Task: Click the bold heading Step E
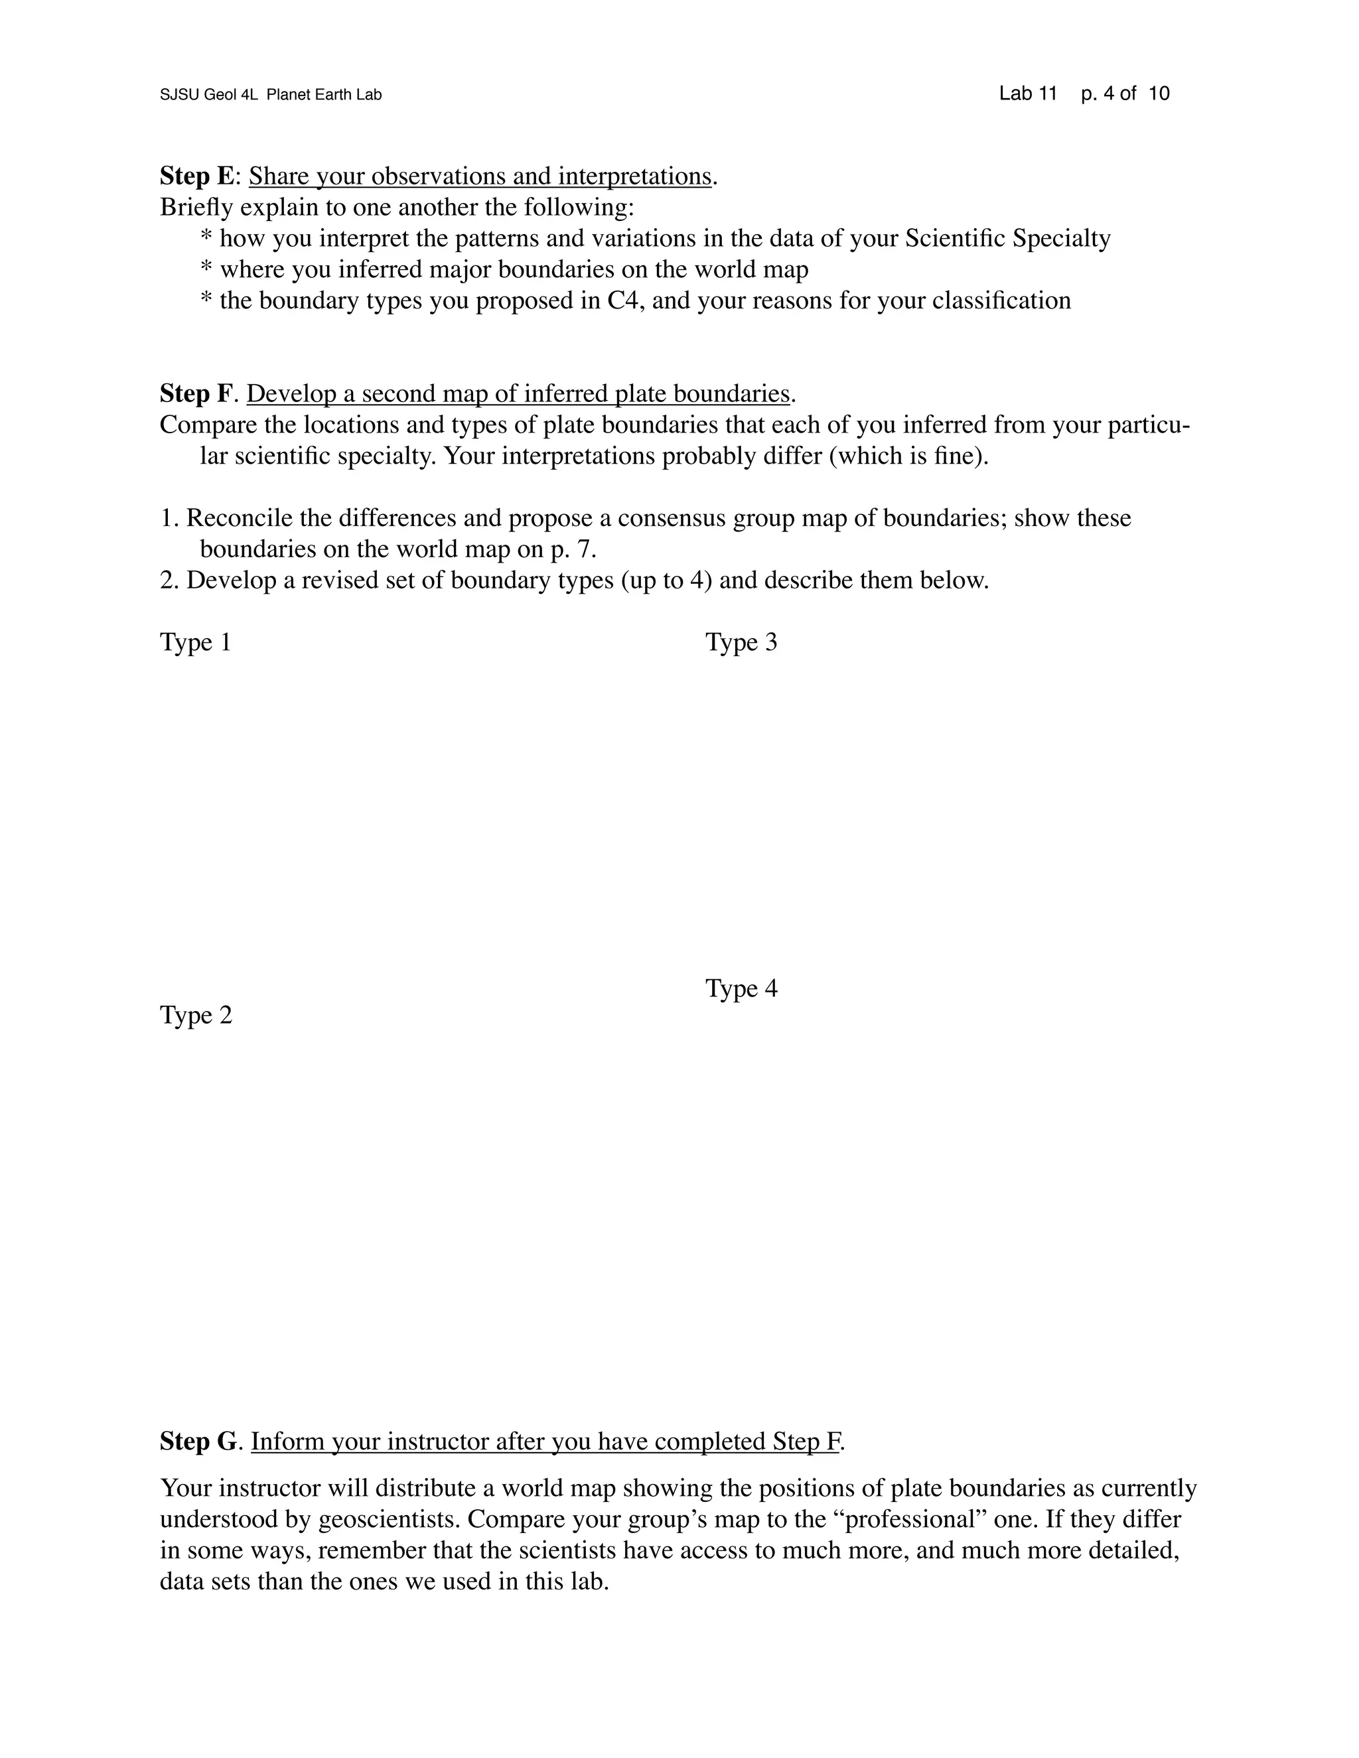[x=196, y=176]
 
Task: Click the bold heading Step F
[x=196, y=393]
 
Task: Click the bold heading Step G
[x=199, y=1441]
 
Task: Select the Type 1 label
[x=196, y=642]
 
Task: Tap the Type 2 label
[x=196, y=1015]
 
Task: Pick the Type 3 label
[x=741, y=642]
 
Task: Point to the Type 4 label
[x=741, y=988]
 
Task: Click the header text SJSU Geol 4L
[x=208, y=95]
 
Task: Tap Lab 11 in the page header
[x=1027, y=94]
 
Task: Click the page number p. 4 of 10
[x=1125, y=94]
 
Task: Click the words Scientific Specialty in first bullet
[x=1008, y=238]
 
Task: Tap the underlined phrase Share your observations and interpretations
[x=480, y=176]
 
